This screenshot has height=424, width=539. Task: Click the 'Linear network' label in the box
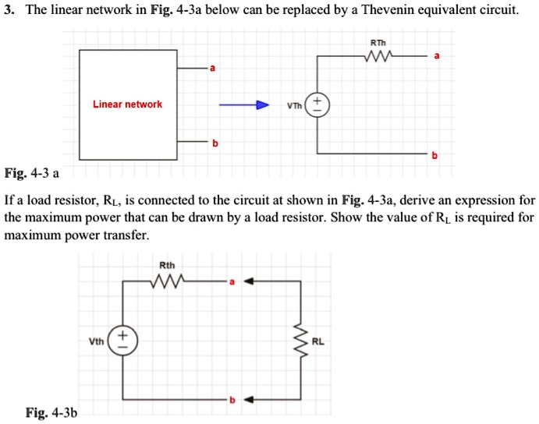(x=127, y=104)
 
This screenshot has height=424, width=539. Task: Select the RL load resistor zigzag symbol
(x=300, y=340)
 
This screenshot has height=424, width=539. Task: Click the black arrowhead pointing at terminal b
(x=250, y=400)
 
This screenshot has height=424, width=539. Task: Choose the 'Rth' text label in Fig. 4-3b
(x=167, y=266)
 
